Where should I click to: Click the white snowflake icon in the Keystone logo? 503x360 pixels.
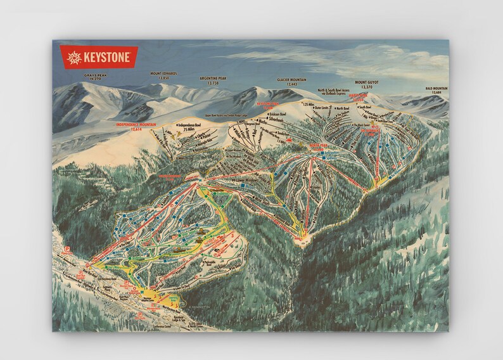74,56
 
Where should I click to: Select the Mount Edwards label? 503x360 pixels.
163,75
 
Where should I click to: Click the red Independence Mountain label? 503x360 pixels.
136,126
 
